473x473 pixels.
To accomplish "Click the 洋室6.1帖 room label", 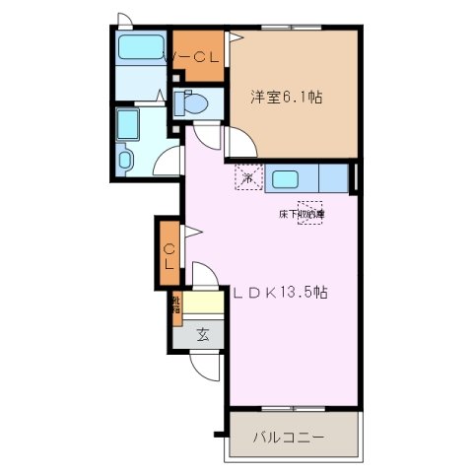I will point(287,97).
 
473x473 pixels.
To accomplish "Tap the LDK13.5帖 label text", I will point(280,293).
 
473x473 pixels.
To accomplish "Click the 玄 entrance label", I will point(202,334).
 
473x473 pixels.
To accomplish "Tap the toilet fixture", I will point(192,102).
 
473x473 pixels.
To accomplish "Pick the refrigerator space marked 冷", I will point(247,178).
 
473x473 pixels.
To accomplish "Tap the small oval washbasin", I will point(124,159).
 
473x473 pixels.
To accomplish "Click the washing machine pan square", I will point(128,124).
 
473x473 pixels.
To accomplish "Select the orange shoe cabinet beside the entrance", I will point(176,306).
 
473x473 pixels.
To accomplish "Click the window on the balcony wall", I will point(293,406).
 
